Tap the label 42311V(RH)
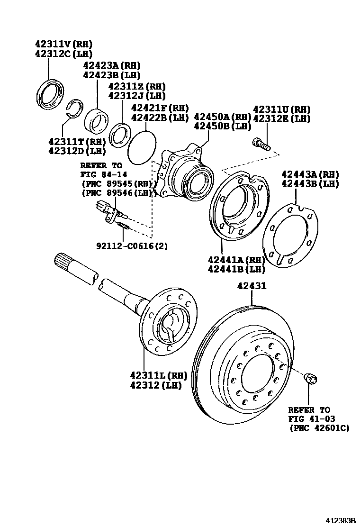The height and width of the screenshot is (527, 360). (x=63, y=43)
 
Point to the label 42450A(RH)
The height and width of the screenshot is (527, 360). (x=222, y=117)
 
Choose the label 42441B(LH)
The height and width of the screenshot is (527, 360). (x=236, y=269)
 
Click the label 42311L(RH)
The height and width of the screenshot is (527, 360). (x=158, y=375)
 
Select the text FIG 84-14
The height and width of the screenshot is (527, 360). (x=101, y=174)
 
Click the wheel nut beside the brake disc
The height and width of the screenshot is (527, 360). (x=311, y=378)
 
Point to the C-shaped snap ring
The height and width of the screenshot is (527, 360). (x=73, y=109)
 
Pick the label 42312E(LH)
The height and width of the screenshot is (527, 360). (x=281, y=118)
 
